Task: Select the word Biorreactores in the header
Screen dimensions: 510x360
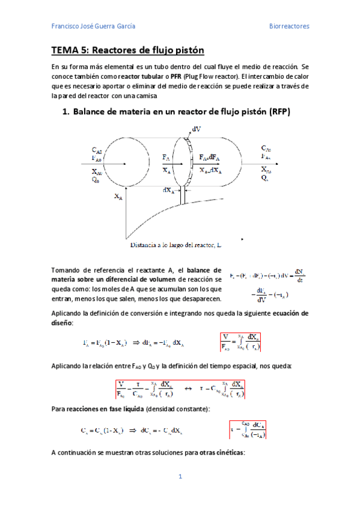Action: point(288,26)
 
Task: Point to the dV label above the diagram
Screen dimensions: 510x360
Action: point(196,129)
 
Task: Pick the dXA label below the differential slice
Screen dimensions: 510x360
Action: point(169,190)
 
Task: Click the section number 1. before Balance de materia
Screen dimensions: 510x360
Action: point(66,112)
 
